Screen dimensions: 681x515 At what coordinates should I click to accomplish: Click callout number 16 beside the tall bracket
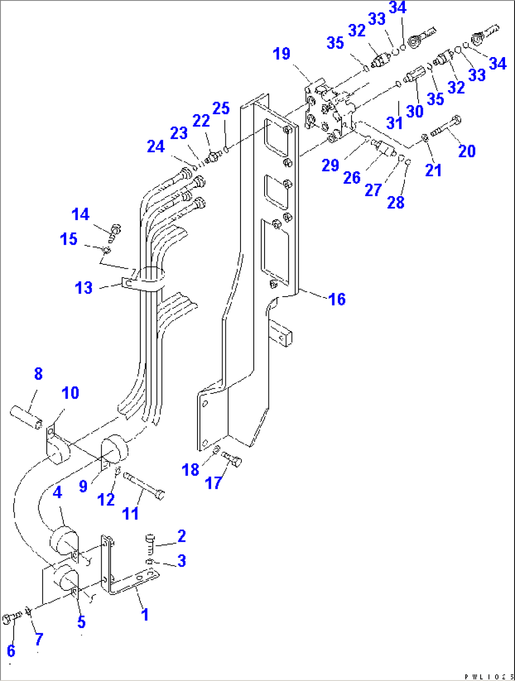[x=337, y=299]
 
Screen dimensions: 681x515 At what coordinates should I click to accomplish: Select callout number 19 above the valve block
[x=282, y=54]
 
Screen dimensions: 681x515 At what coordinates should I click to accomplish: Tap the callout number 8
[x=38, y=374]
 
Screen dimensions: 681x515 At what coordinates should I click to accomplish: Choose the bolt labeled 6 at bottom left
[x=12, y=617]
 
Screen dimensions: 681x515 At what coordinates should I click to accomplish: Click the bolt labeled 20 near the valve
[x=446, y=126]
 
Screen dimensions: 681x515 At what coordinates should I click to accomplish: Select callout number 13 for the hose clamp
[x=84, y=288]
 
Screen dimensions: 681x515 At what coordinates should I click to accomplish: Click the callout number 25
[x=221, y=108]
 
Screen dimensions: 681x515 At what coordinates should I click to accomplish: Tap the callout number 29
[x=330, y=165]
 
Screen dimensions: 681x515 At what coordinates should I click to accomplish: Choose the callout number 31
[x=395, y=122]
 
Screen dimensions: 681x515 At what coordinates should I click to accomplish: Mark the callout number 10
[x=70, y=393]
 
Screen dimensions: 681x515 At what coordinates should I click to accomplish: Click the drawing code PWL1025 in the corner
[x=489, y=677]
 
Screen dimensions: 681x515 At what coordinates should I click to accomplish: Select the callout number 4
[x=57, y=493]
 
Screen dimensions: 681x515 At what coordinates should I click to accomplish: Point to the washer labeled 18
[x=216, y=449]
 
